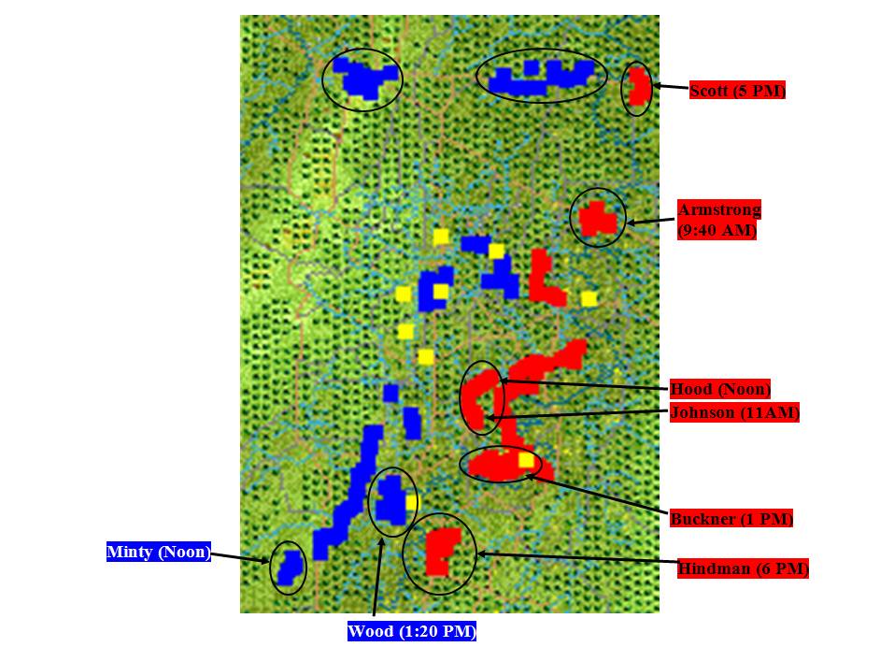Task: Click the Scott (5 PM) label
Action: (737, 91)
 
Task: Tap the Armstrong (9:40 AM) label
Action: (719, 220)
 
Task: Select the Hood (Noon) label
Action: (720, 389)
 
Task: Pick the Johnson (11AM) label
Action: (734, 412)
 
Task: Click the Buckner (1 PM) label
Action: (731, 518)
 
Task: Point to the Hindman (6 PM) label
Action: (743, 568)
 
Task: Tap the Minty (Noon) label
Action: (159, 552)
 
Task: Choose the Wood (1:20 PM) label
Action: (412, 631)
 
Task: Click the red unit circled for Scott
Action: (639, 87)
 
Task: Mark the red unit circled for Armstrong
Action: (598, 219)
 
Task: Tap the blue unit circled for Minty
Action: (291, 568)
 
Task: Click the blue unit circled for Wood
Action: (391, 500)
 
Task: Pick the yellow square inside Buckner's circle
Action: (526, 461)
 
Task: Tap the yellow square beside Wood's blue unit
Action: (412, 503)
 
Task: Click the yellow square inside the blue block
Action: (441, 292)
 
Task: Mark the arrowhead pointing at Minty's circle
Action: (265, 560)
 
